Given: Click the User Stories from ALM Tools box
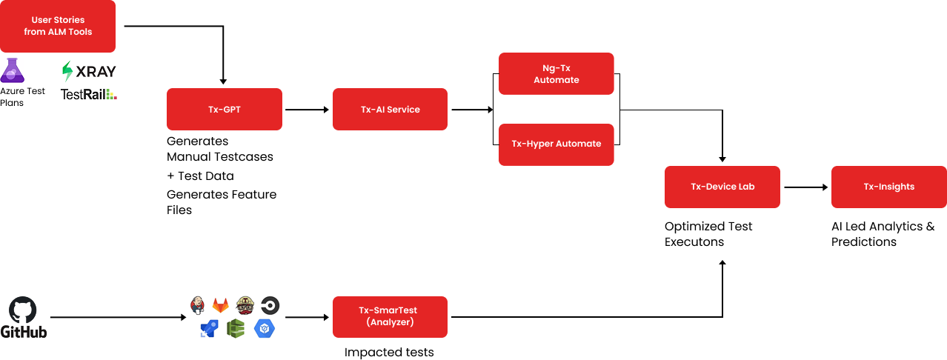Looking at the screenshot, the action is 58,26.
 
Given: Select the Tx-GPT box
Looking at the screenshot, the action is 225,109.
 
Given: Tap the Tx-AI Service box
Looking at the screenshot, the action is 390,109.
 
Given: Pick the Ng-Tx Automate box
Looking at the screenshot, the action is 556,73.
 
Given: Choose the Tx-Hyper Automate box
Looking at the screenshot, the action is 556,144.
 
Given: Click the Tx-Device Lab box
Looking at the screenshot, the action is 722,187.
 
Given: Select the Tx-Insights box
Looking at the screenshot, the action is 889,187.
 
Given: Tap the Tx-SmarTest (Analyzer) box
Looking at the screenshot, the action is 390,317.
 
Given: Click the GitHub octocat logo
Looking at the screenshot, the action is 23,310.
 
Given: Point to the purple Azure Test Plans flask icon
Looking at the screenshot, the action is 13,70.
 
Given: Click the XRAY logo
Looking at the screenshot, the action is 89,71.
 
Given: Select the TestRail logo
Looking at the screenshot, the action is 88,94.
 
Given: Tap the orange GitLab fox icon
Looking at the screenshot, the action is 220,305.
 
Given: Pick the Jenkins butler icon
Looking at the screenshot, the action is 197,305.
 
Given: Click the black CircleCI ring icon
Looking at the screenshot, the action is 270,305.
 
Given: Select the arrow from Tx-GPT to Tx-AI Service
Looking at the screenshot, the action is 307,110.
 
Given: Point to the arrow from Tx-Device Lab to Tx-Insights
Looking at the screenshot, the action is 805,187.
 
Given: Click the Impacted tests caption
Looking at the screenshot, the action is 389,352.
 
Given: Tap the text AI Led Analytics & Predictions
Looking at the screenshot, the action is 883,233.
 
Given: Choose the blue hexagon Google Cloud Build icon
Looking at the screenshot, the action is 265,328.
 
